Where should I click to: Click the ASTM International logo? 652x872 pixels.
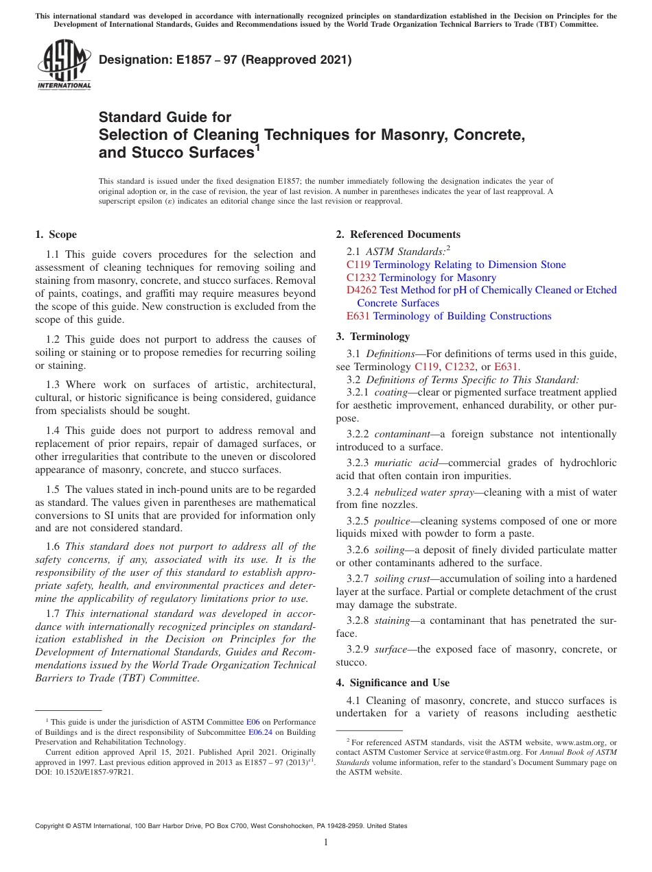tap(63, 66)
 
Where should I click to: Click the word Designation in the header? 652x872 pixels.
tap(132, 60)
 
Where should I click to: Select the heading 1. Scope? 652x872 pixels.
tap(56, 234)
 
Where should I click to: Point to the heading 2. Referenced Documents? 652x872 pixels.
tap(398, 234)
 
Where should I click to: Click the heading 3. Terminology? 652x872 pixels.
tap(380, 337)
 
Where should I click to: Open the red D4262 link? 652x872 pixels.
tap(362, 290)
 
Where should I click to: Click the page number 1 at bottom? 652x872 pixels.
tap(326, 843)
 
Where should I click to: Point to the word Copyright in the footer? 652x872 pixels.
tap(51, 826)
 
